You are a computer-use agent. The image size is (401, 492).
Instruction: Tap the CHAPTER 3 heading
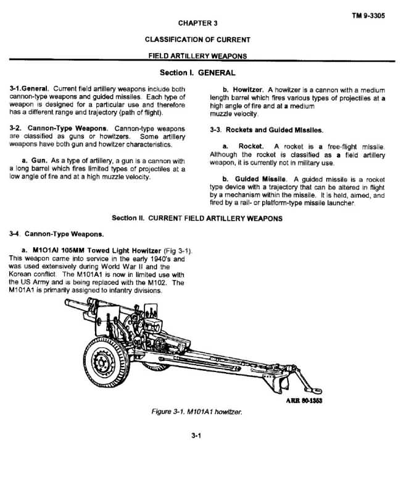tap(197, 23)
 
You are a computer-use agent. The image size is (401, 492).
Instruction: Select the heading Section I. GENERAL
tap(197, 73)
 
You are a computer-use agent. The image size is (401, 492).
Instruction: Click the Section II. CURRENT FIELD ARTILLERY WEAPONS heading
tap(197, 218)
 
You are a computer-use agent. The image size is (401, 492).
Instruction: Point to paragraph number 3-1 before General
tap(18, 90)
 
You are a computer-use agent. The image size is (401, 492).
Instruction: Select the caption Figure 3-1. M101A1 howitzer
tap(197, 412)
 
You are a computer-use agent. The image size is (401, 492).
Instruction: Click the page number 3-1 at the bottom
tap(197, 436)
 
